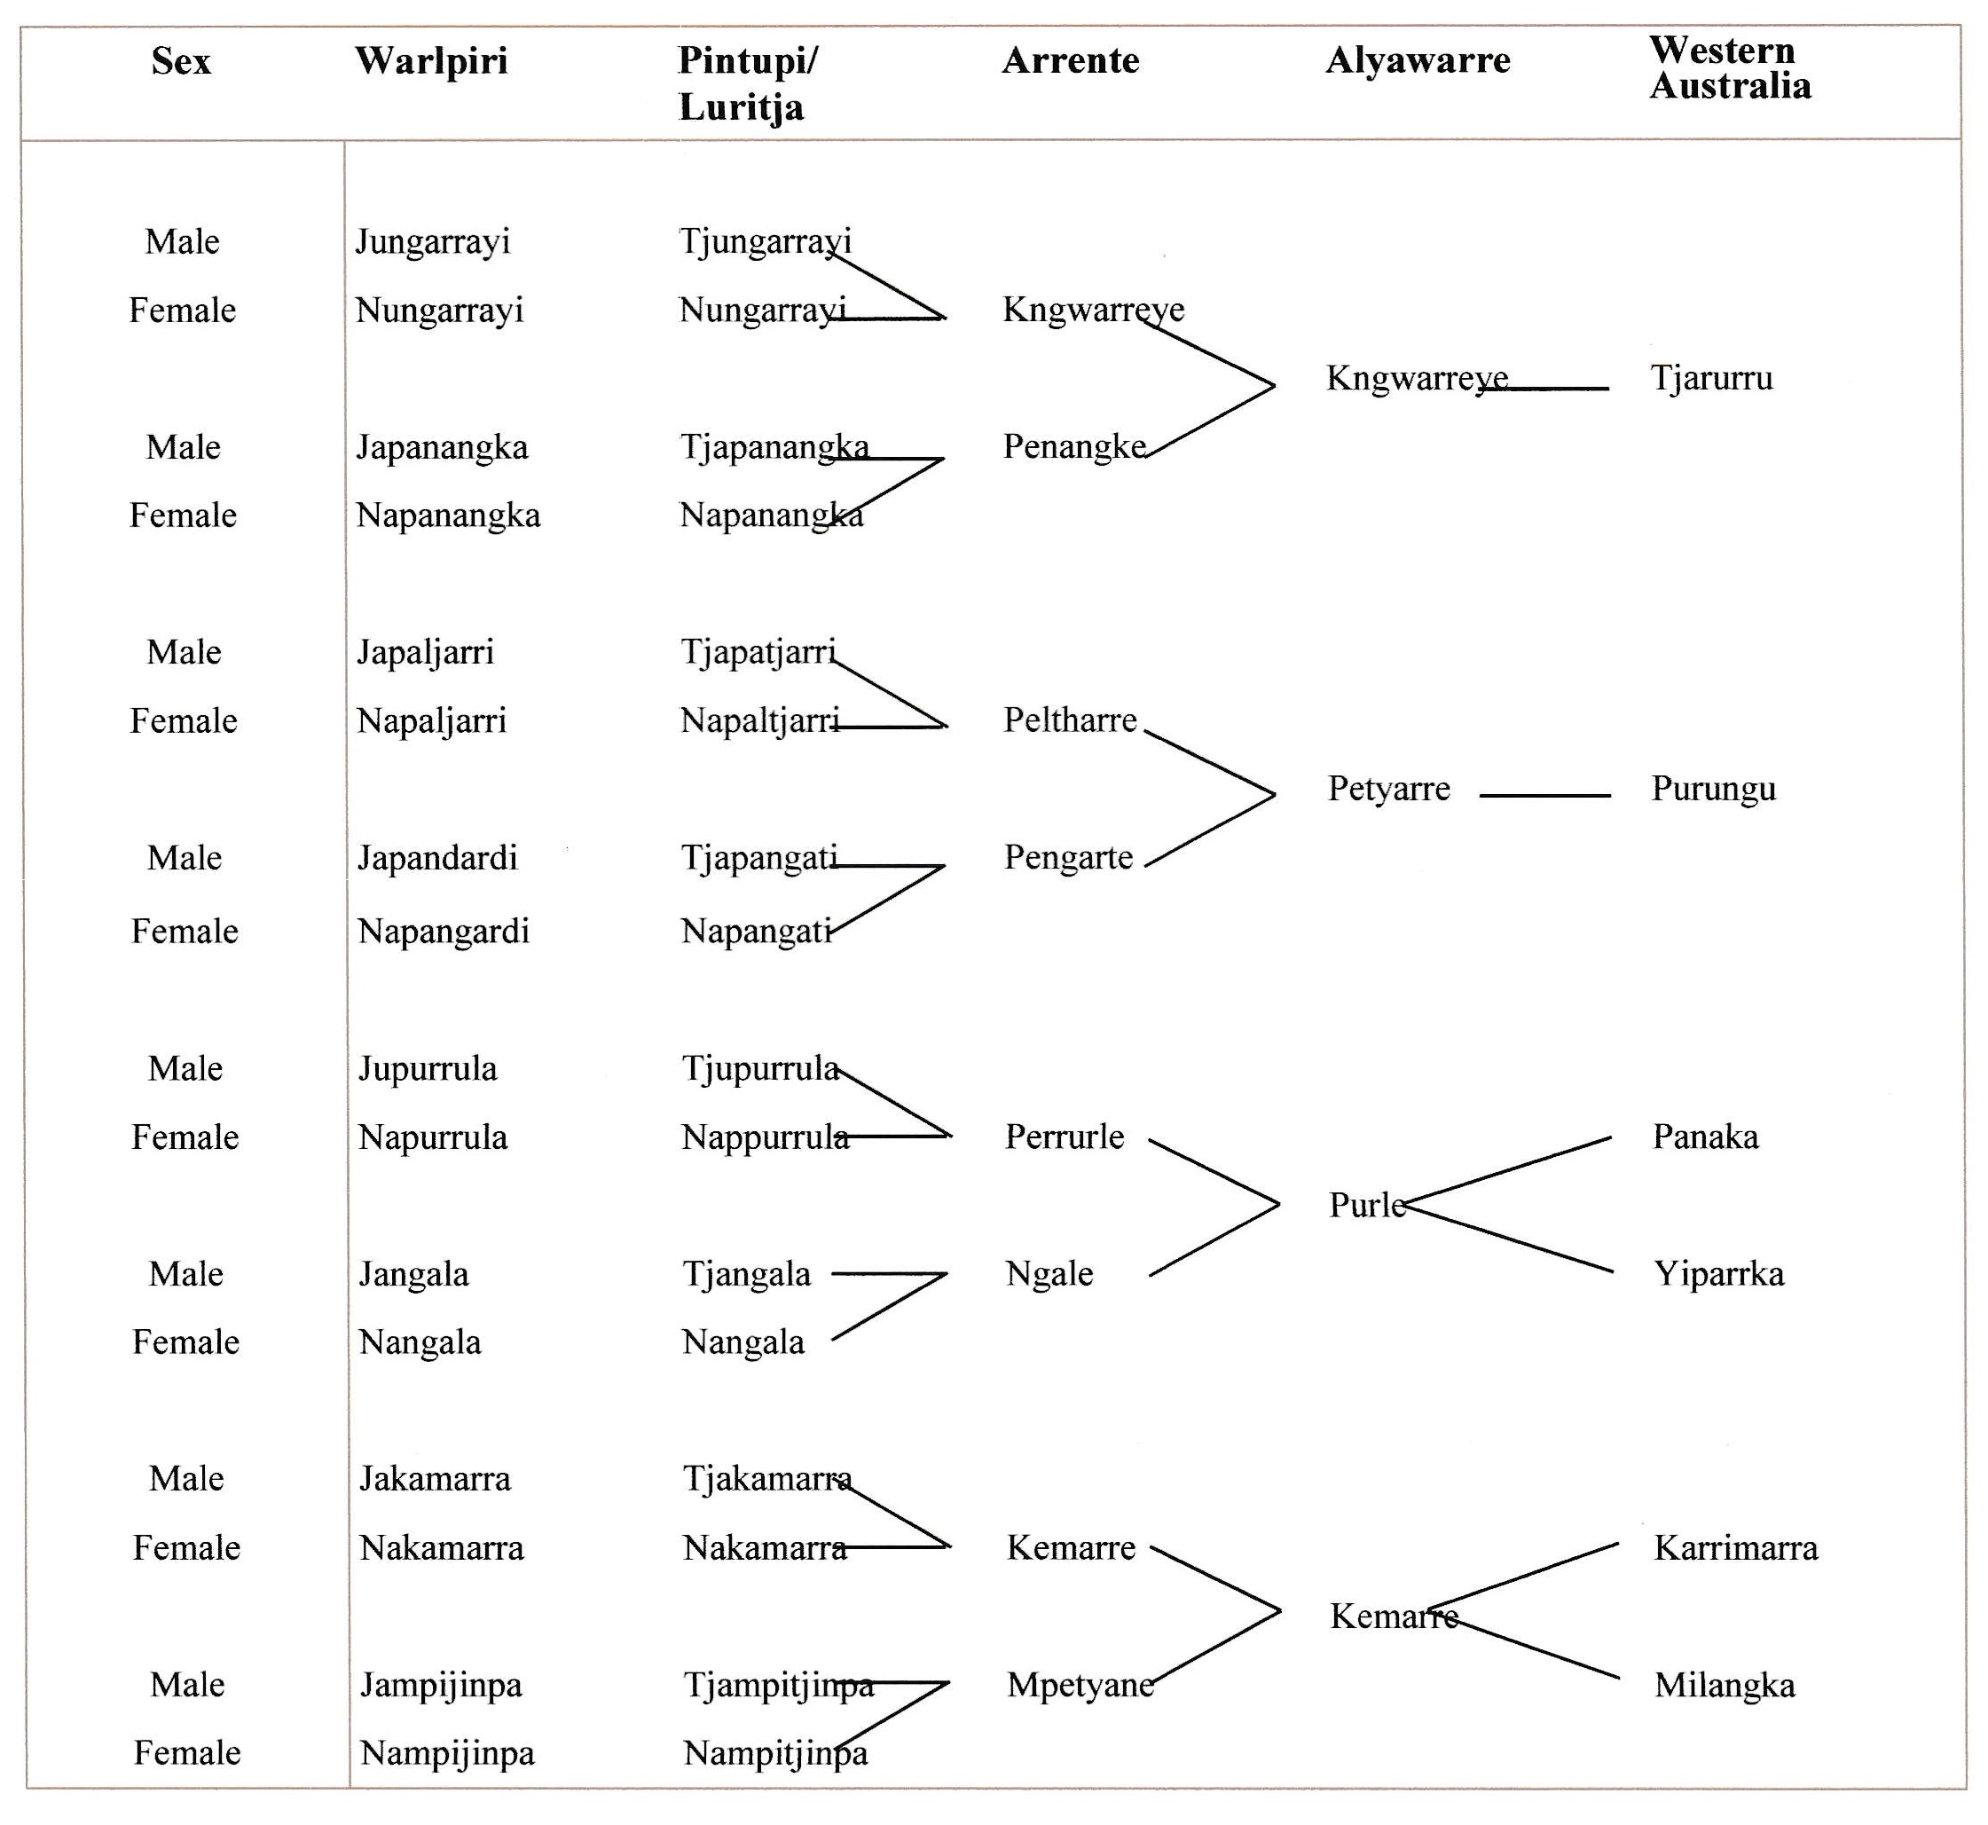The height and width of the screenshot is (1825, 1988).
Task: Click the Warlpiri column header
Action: click(431, 61)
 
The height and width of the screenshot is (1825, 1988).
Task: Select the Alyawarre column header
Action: click(1418, 61)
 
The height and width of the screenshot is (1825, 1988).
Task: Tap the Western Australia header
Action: click(1730, 68)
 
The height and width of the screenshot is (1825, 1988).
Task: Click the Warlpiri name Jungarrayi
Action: click(433, 243)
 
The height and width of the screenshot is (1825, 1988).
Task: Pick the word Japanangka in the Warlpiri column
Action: click(443, 448)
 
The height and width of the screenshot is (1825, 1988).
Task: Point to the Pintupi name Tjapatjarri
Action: click(758, 653)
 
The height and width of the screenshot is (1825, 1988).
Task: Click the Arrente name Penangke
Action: click(1074, 446)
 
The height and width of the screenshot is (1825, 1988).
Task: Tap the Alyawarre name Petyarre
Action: click(1388, 789)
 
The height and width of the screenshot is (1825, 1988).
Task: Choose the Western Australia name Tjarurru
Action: click(1712, 378)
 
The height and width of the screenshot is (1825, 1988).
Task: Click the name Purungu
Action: click(1714, 790)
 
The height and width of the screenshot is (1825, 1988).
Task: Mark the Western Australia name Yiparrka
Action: click(1719, 1275)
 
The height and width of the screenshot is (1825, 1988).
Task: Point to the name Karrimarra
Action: click(1736, 1548)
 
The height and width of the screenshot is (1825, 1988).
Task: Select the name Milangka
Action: click(1725, 1686)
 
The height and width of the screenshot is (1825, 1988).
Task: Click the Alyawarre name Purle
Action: click(1368, 1205)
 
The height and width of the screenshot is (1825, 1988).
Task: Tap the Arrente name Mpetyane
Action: click(1080, 1686)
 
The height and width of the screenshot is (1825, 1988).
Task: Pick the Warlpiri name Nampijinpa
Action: click(447, 1754)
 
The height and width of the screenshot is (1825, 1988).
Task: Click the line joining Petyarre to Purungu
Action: click(1544, 795)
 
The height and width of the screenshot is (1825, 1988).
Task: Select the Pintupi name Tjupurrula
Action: click(760, 1069)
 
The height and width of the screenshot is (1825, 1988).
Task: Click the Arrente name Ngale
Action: click(1049, 1275)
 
